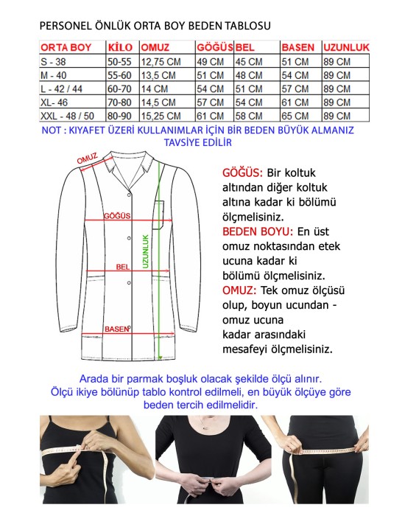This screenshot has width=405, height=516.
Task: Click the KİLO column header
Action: point(119,48)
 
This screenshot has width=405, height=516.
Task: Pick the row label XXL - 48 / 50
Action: point(66,116)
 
